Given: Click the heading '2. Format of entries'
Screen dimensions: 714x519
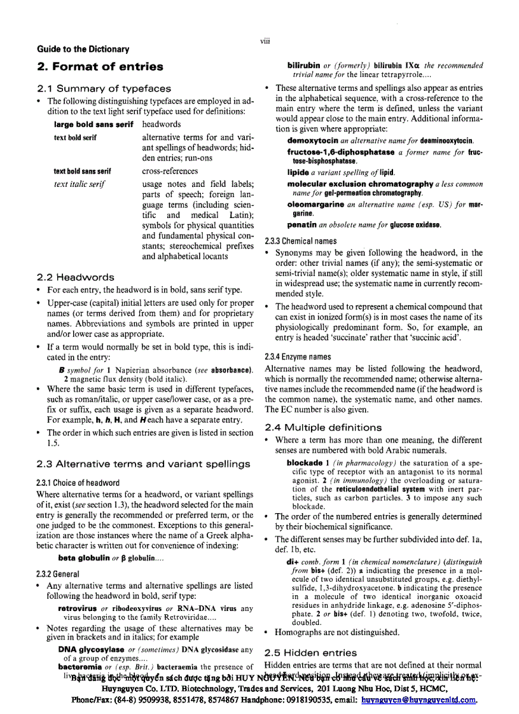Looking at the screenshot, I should coord(100,67).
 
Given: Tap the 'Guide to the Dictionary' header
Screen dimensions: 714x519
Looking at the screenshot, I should coord(83,49).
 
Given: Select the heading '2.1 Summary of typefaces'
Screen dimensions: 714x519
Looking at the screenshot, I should coord(104,88).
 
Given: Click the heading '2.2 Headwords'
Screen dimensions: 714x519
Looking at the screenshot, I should coord(76,277).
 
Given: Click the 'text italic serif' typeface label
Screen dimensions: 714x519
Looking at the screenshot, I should coord(80,184).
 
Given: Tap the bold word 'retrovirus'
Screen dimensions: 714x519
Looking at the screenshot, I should coord(76,608).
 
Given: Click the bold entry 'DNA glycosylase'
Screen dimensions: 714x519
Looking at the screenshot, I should coord(92,649).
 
